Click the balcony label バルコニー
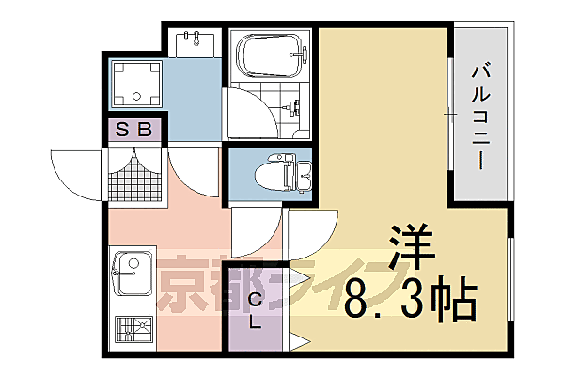tap(481, 113)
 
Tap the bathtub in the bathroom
tap(270, 57)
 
